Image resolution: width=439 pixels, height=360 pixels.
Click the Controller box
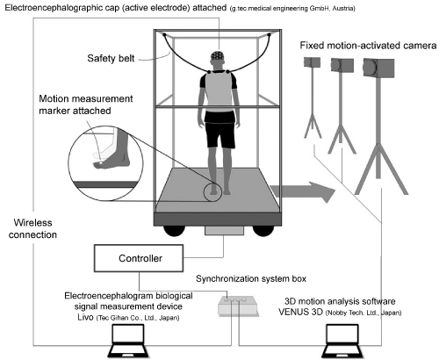(x=139, y=258)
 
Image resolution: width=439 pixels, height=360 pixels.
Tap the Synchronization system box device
(x=238, y=306)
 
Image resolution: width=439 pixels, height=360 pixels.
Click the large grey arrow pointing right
(x=303, y=192)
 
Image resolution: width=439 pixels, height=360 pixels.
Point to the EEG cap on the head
(x=218, y=55)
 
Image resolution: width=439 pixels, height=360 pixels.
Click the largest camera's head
(x=378, y=68)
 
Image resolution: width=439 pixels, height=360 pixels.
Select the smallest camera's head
(x=312, y=62)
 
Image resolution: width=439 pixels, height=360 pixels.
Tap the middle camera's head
(x=342, y=65)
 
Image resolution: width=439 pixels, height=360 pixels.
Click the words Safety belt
(x=111, y=58)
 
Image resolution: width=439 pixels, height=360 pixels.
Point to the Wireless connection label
(x=32, y=228)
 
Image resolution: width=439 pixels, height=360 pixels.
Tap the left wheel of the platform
(x=175, y=231)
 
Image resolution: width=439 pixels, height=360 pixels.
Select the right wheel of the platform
(x=263, y=231)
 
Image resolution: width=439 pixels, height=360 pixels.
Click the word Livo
(x=85, y=317)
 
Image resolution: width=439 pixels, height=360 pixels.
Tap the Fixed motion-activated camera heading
(x=368, y=46)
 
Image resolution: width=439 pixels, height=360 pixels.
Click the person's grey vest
(x=219, y=91)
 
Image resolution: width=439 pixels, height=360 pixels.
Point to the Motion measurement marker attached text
(x=86, y=104)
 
